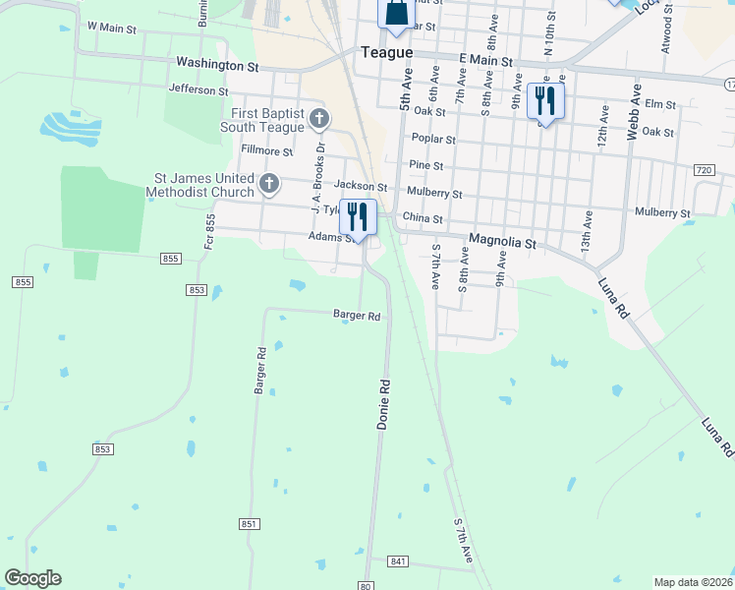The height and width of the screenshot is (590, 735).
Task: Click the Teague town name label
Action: [386, 54]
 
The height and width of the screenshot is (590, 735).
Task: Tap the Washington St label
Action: [216, 64]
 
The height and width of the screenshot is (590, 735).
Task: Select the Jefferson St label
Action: [198, 89]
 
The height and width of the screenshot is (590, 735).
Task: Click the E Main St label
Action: [486, 61]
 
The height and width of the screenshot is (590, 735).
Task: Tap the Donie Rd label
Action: [382, 404]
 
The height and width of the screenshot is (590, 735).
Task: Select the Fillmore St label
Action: [266, 151]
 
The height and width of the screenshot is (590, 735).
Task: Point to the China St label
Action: [424, 219]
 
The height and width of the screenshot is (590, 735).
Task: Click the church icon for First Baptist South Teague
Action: [318, 120]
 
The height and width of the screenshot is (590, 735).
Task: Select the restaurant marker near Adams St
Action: [358, 216]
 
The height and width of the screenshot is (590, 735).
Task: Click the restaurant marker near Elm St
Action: [543, 99]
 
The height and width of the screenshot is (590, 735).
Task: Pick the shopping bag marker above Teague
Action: [395, 13]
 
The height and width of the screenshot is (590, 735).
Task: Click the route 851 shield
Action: [248, 525]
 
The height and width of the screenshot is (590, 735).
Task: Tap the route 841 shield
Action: [397, 561]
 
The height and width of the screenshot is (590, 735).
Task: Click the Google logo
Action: [32, 578]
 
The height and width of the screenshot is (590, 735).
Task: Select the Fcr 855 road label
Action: [209, 232]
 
